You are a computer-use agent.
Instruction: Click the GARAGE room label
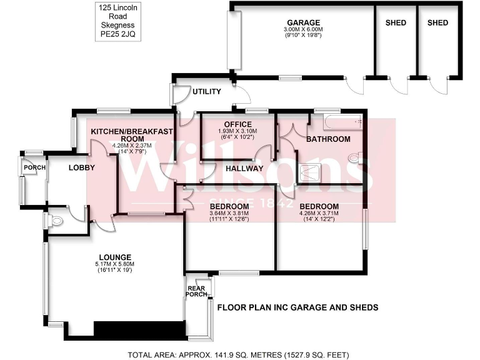click(304, 22)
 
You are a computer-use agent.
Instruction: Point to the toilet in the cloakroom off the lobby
click(54, 221)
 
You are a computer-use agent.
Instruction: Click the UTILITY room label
click(206, 92)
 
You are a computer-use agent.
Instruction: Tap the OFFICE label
click(238, 124)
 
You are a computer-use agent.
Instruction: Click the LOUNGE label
click(114, 257)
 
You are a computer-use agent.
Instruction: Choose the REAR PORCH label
click(196, 291)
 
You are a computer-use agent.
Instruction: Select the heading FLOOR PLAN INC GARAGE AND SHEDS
click(297, 307)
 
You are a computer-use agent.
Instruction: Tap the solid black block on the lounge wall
click(139, 329)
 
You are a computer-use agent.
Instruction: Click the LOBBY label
click(82, 167)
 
